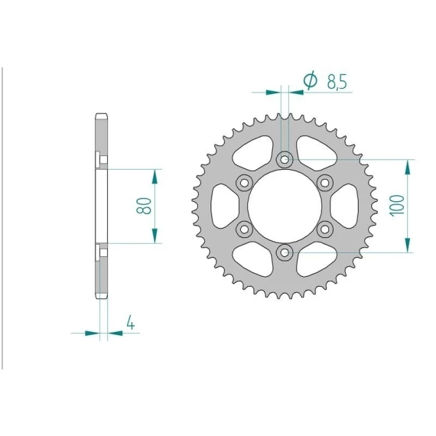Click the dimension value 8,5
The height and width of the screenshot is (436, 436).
click(x=337, y=82)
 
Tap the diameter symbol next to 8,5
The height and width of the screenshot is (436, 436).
click(x=311, y=80)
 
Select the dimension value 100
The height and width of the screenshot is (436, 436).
click(x=397, y=206)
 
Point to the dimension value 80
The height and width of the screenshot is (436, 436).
click(x=144, y=206)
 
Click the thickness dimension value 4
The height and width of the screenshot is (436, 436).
click(x=131, y=323)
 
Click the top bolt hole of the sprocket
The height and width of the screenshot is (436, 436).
click(x=285, y=160)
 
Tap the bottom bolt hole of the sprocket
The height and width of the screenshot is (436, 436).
click(x=285, y=252)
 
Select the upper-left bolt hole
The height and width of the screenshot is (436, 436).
click(x=244, y=183)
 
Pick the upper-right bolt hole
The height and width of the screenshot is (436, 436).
click(x=325, y=183)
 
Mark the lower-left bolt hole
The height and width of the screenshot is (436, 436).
click(x=244, y=229)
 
